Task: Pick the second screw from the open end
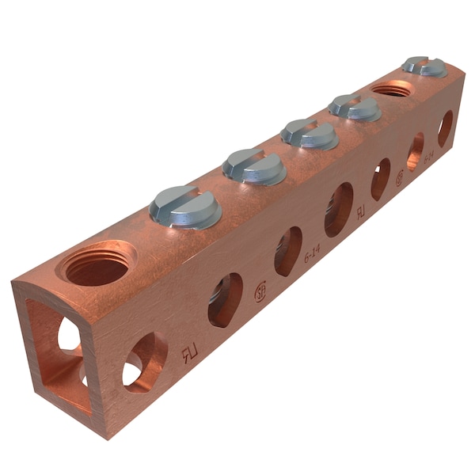(x=254, y=166)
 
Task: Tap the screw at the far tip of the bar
(x=424, y=66)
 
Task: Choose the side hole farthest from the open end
(x=446, y=127)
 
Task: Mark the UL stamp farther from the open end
(x=361, y=213)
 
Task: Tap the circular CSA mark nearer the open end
(x=260, y=292)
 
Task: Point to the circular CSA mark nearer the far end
(x=399, y=178)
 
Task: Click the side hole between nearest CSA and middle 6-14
(x=287, y=251)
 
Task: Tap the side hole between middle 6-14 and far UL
(x=339, y=210)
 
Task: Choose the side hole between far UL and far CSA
(x=381, y=178)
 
